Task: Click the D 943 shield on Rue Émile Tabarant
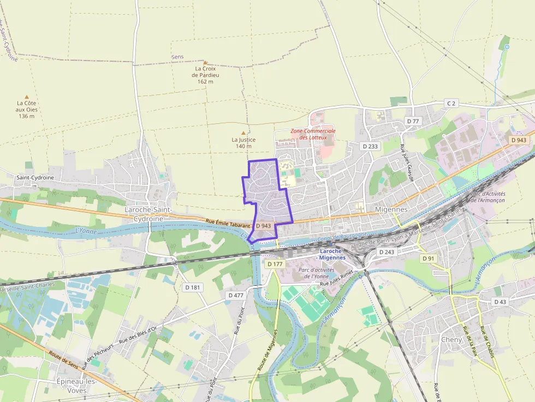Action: coord(263,225)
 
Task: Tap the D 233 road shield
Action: coord(370,146)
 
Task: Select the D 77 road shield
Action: coord(413,121)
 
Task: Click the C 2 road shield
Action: coord(450,103)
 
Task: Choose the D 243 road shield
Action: coord(386,252)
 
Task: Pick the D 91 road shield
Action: coord(429,258)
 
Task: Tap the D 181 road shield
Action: coord(193,287)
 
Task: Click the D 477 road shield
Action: coord(235,295)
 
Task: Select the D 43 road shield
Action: coord(500,302)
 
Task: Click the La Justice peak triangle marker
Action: coord(243,133)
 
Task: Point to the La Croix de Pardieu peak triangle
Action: coord(206,63)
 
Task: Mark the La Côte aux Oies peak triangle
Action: coord(26,97)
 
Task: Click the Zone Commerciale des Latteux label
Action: coord(313,134)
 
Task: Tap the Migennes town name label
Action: coord(391,209)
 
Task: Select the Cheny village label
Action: coord(451,339)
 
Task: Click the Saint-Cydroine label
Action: coord(35,178)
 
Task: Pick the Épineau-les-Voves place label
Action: coord(77,386)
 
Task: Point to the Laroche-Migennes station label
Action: coord(332,254)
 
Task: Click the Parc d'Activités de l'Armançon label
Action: coord(488,197)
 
